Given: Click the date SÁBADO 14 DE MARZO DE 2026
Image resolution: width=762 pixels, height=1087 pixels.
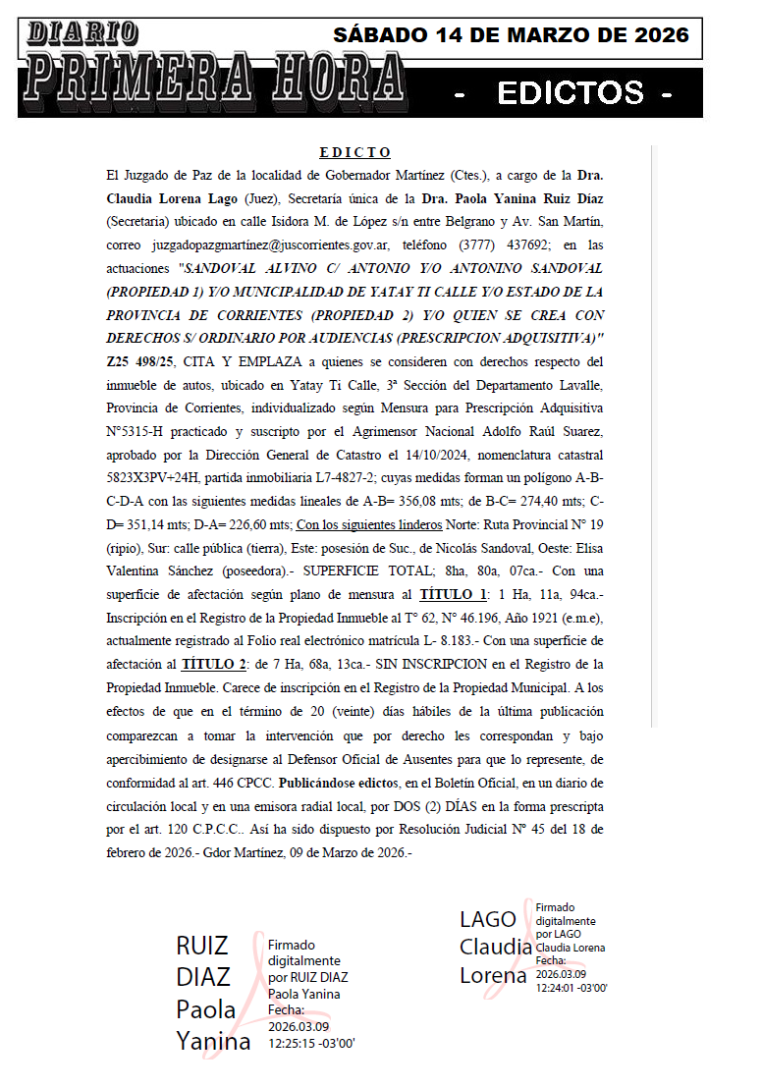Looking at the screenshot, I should (x=511, y=35).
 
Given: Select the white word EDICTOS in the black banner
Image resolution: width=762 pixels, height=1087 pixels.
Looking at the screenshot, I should (x=570, y=93).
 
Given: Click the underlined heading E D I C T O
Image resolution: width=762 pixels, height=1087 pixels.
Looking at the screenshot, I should (x=355, y=152).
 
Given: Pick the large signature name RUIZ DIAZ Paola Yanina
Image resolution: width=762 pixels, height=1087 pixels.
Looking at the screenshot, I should (x=212, y=993).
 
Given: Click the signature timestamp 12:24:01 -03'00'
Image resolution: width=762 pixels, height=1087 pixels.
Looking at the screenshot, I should (x=572, y=988).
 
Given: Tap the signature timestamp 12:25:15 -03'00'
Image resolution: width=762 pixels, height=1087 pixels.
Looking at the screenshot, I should (x=311, y=1044).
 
